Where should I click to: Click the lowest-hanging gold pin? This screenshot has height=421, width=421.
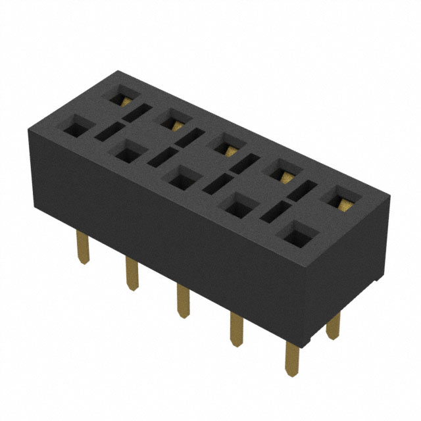coord(291,359)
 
